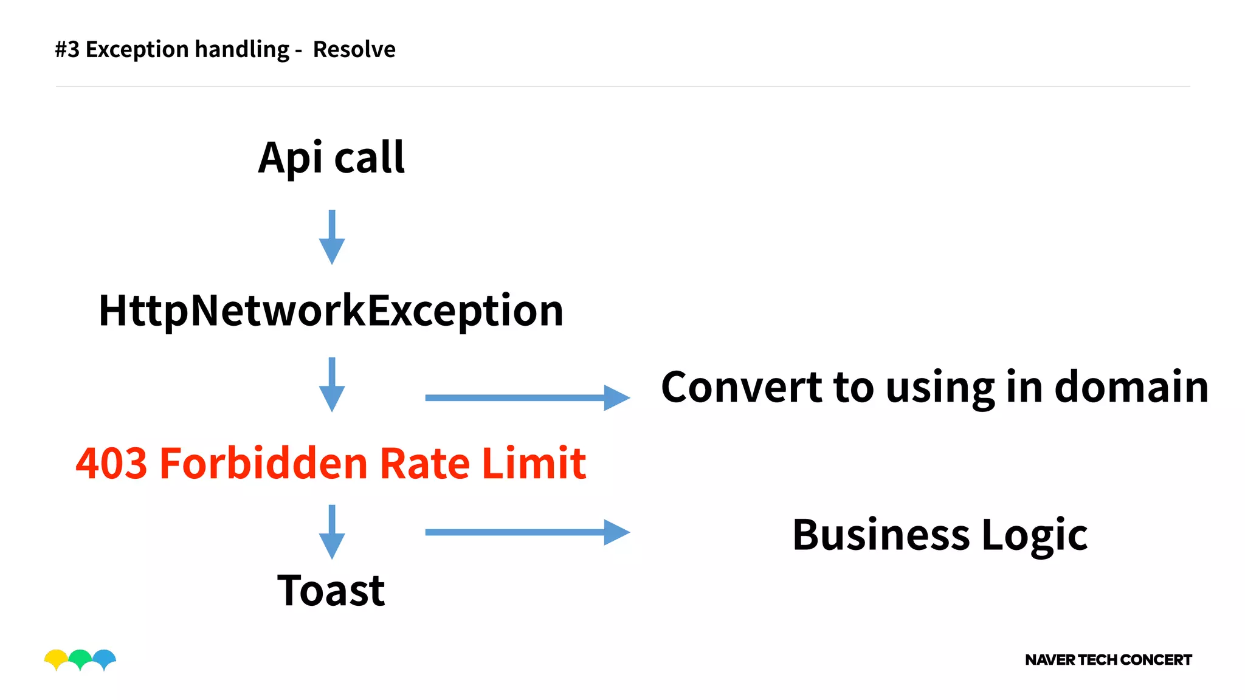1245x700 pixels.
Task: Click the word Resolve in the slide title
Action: pyautogui.click(x=354, y=49)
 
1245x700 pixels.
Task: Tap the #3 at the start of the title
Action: pyautogui.click(x=67, y=49)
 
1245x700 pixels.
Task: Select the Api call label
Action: pyautogui.click(x=331, y=158)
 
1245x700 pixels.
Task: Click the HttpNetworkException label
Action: pyautogui.click(x=331, y=311)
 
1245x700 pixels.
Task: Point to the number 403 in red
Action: pyautogui.click(x=112, y=463)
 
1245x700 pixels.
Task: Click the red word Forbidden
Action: pyautogui.click(x=264, y=463)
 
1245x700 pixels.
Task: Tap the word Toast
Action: pyautogui.click(x=331, y=590)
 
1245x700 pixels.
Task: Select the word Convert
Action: pyautogui.click(x=742, y=387)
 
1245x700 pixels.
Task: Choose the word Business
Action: pyautogui.click(x=881, y=535)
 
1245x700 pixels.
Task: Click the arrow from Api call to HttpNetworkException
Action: pyautogui.click(x=332, y=237)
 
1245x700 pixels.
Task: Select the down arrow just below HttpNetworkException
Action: pyautogui.click(x=332, y=385)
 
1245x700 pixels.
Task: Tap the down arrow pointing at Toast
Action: pyautogui.click(x=332, y=532)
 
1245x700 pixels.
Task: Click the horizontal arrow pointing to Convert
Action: pyautogui.click(x=527, y=398)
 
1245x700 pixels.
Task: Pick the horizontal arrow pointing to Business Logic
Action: pyautogui.click(x=527, y=532)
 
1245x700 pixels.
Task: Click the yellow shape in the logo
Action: pyautogui.click(x=56, y=657)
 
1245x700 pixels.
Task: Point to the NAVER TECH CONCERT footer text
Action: pyautogui.click(x=1108, y=660)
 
